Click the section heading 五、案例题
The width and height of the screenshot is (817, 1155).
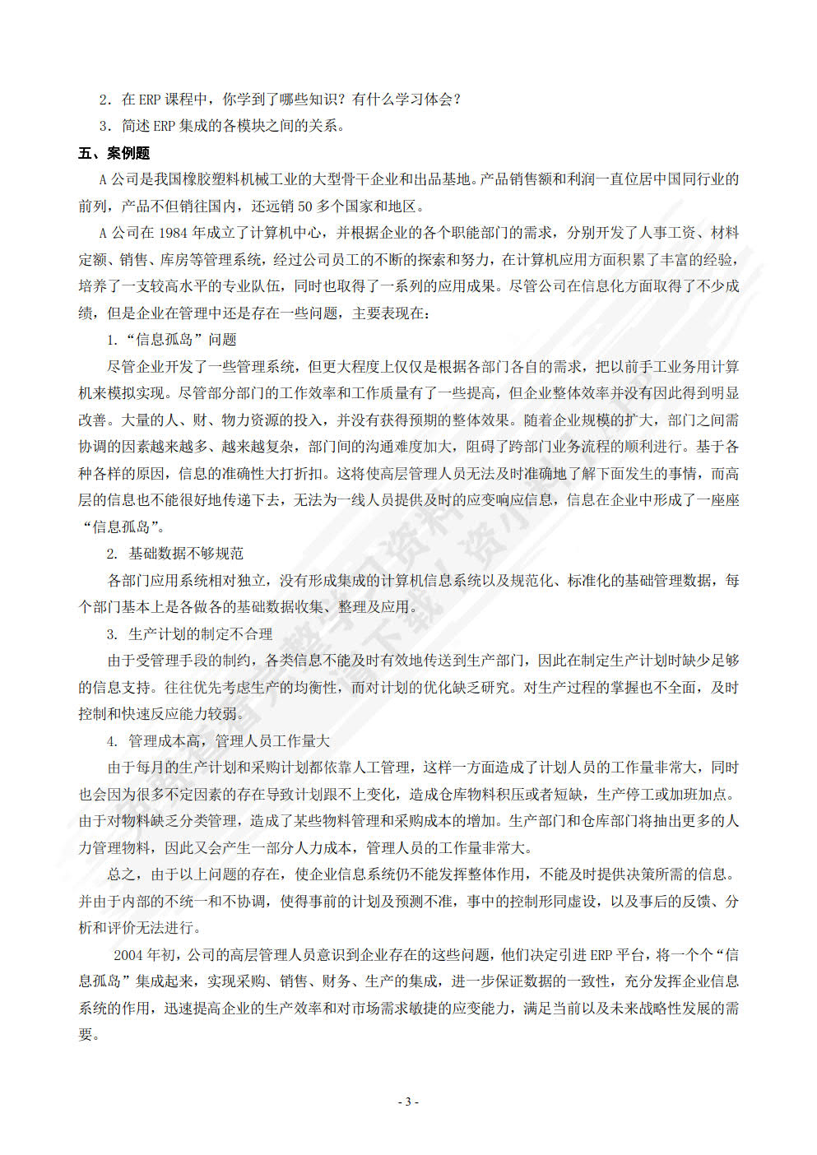coord(114,153)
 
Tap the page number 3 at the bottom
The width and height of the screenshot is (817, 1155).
coord(408,1102)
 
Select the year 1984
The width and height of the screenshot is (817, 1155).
coord(174,233)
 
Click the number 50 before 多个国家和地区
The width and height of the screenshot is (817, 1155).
coord(304,206)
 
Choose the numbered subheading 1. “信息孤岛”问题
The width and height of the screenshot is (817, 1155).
coord(171,340)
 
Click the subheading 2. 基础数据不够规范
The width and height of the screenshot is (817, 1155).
coord(174,554)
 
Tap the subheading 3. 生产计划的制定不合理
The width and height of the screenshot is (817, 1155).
coord(189,634)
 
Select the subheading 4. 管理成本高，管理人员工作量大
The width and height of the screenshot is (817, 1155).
coord(217,741)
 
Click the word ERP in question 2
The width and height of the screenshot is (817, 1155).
coord(150,100)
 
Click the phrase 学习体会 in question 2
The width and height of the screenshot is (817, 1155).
coord(425,100)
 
